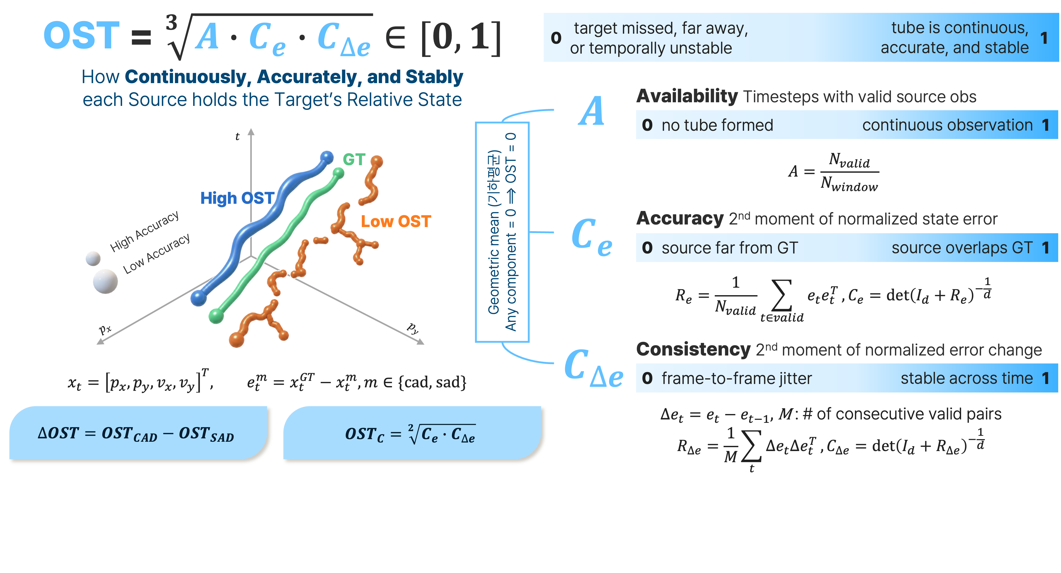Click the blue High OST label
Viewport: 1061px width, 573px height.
pyautogui.click(x=237, y=198)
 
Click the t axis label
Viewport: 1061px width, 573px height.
pyautogui.click(x=237, y=136)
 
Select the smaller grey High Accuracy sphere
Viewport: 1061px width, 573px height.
pyautogui.click(x=93, y=258)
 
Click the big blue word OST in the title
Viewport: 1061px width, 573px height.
pyautogui.click(x=82, y=35)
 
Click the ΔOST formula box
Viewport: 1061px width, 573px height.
pyautogui.click(x=138, y=432)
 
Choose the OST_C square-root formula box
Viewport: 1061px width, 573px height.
pyautogui.click(x=412, y=432)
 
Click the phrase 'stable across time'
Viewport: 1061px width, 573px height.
pyautogui.click(x=966, y=378)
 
